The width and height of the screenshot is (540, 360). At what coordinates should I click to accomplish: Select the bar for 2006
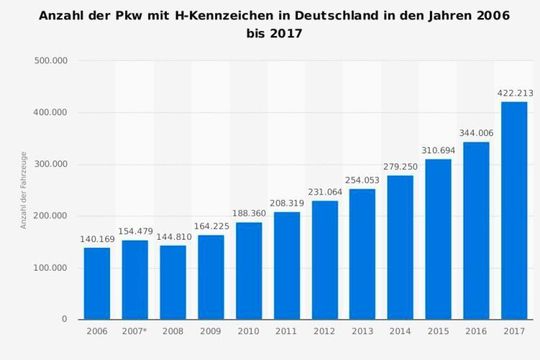97,283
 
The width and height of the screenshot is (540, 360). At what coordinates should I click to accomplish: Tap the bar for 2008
173,282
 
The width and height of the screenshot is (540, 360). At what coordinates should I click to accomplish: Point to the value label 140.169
97,239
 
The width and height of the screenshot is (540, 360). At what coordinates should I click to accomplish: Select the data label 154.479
135,232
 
